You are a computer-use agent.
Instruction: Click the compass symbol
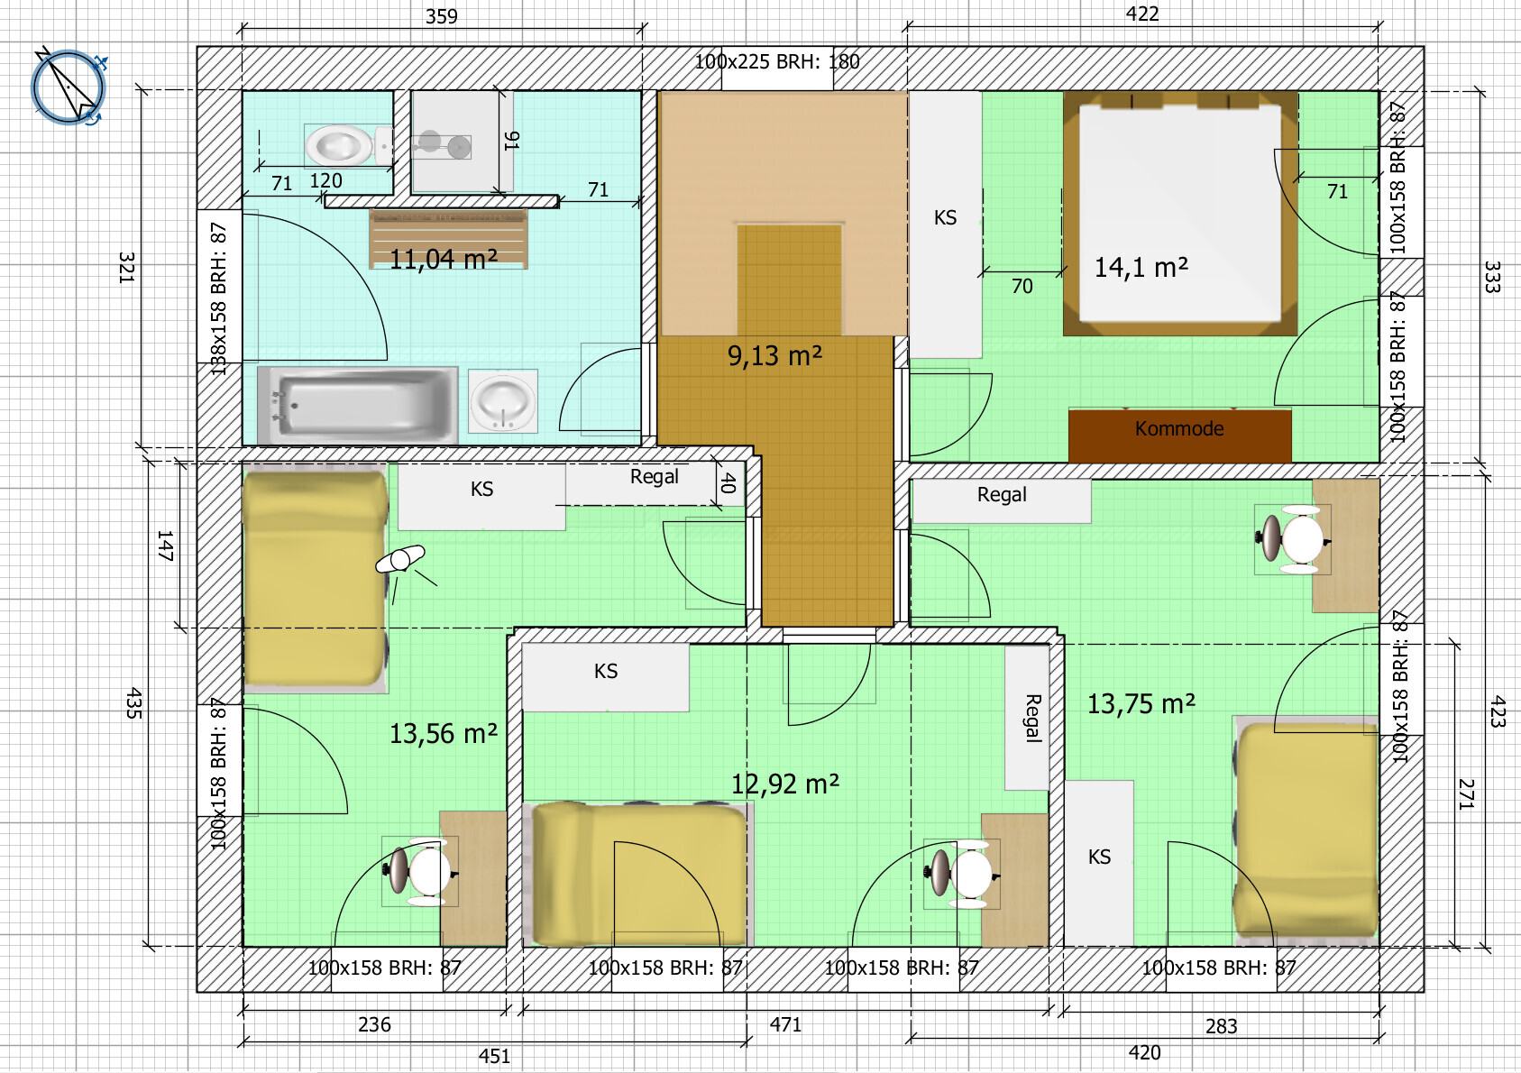68,87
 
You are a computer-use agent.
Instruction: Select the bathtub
357,406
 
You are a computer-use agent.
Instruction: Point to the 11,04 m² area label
444,259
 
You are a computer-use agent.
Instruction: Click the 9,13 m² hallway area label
774,355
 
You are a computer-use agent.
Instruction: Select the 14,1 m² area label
1141,267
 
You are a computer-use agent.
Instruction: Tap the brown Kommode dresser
1179,435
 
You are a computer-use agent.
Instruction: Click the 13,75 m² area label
1141,703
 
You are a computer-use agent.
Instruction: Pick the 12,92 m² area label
785,784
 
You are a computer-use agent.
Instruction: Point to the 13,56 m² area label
444,733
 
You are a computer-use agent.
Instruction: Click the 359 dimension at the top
442,16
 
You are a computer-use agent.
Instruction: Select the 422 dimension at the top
1142,14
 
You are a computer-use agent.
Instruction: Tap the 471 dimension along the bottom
785,1024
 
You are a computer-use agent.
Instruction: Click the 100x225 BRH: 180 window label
777,62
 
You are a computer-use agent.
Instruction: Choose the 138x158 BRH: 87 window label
218,299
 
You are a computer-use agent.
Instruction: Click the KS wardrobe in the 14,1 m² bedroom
945,225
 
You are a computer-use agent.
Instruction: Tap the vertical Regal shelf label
1032,718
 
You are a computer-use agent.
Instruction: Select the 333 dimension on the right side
1492,277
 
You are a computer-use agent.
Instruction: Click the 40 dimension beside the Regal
728,483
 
